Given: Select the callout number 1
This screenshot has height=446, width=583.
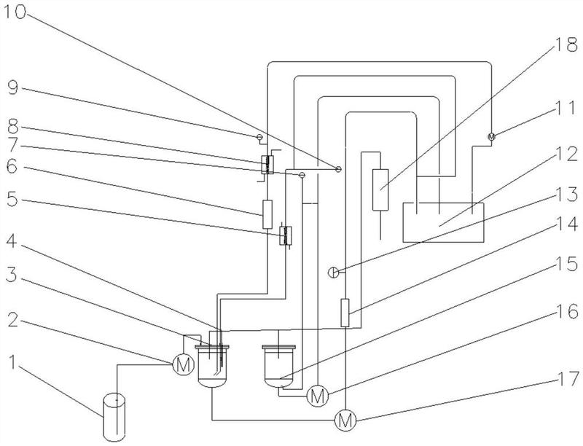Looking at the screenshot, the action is tap(12, 361).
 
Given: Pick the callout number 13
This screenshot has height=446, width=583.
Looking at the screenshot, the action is tap(566, 195).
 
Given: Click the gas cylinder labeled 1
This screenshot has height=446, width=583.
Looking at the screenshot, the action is tap(115, 418).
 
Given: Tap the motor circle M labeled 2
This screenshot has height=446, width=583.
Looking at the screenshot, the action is tap(184, 365).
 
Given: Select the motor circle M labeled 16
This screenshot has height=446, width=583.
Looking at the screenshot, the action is tap(318, 396).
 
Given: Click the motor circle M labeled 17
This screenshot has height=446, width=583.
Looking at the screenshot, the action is tap(345, 420).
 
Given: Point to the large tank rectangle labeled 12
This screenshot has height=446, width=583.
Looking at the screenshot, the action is tap(443, 222).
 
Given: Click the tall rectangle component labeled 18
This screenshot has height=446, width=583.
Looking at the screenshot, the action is tap(380, 189).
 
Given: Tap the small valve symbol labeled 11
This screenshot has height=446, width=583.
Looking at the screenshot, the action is tap(491, 136).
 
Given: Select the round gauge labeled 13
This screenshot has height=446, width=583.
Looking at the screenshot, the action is tap(334, 273).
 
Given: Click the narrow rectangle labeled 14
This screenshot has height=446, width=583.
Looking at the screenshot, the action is tap(345, 313).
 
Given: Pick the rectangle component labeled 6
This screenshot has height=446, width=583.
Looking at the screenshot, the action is tap(267, 214).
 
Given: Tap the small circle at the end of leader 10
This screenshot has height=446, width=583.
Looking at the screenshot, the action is tap(338, 170).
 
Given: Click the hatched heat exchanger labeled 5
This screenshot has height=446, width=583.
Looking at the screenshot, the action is tap(286, 235).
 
